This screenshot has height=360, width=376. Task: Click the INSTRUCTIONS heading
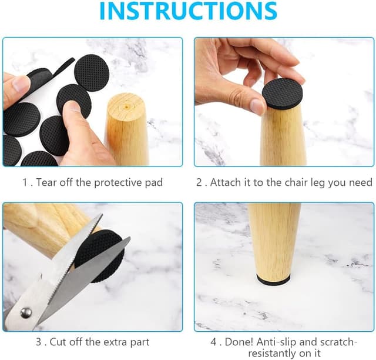188,11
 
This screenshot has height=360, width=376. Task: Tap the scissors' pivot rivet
26,312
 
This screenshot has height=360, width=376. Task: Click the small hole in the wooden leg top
126,105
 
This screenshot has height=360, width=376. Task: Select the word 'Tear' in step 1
46,182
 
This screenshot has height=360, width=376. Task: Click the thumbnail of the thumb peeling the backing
21,83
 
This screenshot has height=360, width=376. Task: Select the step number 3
39,342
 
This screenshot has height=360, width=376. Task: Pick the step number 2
199,182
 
